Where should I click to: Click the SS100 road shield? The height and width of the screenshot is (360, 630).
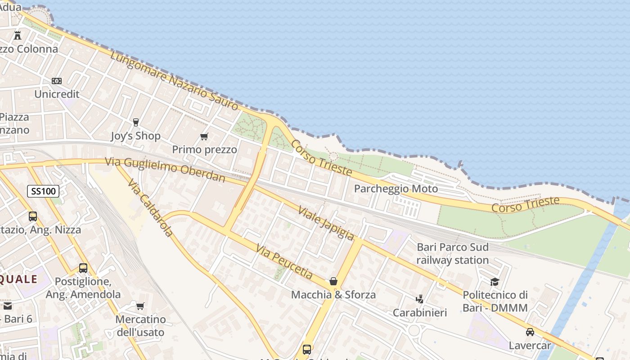point(43,191)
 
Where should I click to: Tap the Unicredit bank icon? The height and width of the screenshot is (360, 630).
point(57,81)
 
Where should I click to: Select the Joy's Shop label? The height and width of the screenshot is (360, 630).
point(135,135)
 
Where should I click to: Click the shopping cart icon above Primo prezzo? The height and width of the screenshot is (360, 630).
point(204,136)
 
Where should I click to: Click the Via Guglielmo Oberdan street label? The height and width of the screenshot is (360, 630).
point(165,169)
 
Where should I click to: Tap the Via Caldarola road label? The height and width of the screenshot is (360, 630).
point(150,208)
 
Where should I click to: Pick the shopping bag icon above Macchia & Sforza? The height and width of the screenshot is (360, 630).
point(333,281)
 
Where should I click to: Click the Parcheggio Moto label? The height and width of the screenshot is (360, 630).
point(396,189)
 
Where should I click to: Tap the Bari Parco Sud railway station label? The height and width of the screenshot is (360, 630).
point(452,254)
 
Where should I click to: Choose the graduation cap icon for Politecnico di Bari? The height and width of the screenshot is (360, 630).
point(495,282)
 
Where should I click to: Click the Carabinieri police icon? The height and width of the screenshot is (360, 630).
point(419,299)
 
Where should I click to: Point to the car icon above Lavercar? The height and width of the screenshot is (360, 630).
point(530,332)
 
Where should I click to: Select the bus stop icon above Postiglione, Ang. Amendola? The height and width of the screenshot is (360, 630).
point(83,268)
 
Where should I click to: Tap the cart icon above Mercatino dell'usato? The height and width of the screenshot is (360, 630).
point(140,306)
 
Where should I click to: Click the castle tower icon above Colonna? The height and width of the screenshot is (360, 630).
point(18,35)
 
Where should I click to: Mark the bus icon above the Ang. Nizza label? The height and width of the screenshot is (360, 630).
point(33,216)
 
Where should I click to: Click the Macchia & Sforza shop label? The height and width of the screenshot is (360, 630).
point(333,295)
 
